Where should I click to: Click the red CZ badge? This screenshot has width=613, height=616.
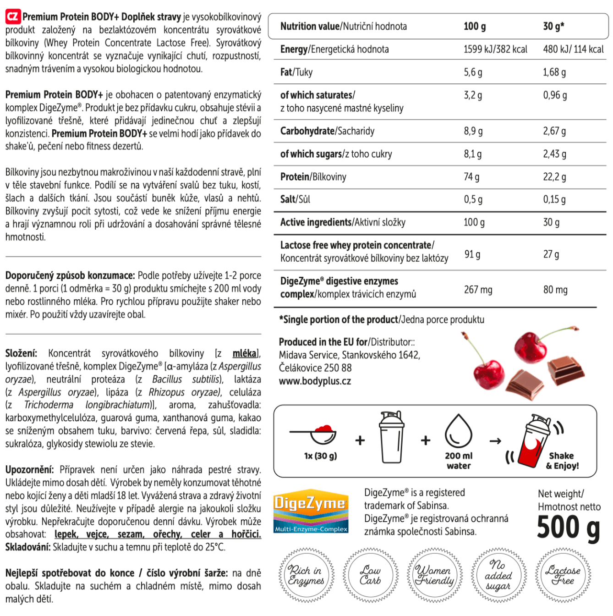click(13, 17)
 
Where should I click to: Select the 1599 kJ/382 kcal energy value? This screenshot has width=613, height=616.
click(495, 49)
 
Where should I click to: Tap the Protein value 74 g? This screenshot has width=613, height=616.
click(471, 177)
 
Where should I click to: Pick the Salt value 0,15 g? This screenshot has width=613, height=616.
click(554, 199)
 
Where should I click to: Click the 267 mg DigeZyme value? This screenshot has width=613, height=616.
click(478, 290)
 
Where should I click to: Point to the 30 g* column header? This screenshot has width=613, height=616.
click(553, 27)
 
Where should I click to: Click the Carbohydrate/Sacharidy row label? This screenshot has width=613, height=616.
click(327, 132)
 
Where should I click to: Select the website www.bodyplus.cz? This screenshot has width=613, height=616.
click(315, 381)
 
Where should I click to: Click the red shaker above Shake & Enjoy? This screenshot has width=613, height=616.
click(536, 441)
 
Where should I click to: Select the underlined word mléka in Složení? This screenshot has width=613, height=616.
click(245, 353)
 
